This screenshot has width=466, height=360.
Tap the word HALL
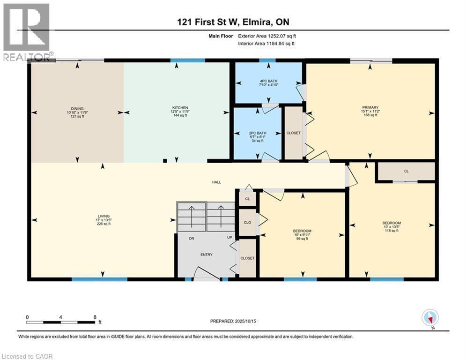point(216,182)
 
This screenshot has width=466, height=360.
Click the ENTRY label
point(207,255)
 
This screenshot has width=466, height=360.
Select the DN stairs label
point(192,238)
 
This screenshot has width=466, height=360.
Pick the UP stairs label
point(230,237)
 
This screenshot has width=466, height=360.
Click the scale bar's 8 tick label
point(95,317)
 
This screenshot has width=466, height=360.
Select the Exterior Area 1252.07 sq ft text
point(267,36)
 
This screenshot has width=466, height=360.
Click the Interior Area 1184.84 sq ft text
point(266,44)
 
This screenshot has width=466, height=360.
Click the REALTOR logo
point(27,32)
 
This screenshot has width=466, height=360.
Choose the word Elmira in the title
point(257,22)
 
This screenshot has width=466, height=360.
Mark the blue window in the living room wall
point(100,279)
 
